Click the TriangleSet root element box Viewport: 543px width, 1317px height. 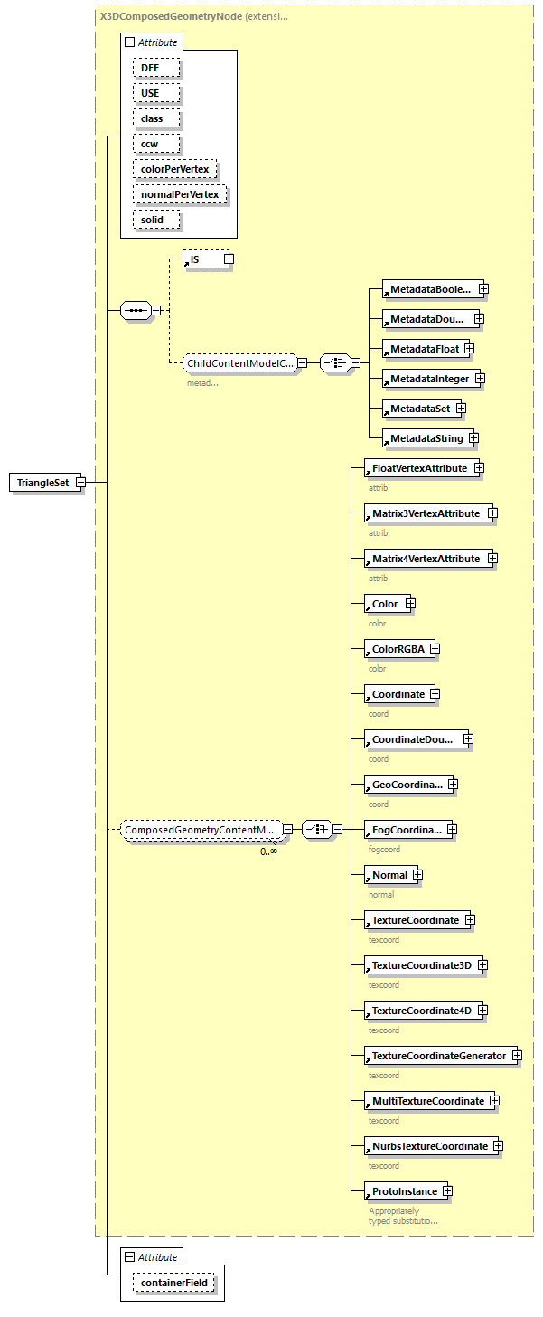(42, 483)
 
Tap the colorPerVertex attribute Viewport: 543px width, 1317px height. (175, 169)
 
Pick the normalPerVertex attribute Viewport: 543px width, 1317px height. (180, 194)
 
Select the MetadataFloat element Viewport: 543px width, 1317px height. (424, 349)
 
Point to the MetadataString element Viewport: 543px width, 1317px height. (426, 438)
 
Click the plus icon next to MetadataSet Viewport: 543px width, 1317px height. (461, 409)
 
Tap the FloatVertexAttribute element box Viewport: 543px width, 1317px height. (418, 468)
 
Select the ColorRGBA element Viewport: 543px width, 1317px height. (397, 649)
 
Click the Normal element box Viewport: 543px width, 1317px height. (389, 875)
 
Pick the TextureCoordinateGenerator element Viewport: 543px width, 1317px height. (438, 1056)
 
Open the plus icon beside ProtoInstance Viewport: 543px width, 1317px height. (446, 1191)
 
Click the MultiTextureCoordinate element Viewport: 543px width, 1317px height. (427, 1101)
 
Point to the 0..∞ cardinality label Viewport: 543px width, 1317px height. (268, 851)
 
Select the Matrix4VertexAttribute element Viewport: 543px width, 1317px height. (426, 559)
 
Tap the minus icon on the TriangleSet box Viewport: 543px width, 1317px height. (80, 483)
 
